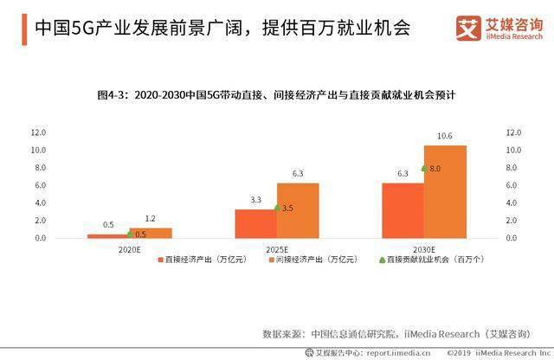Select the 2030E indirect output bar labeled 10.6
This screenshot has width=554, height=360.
pyautogui.click(x=445, y=191)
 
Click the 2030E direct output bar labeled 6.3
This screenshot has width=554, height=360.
pyautogui.click(x=403, y=210)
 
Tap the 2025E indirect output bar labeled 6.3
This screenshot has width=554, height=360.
pyautogui.click(x=298, y=210)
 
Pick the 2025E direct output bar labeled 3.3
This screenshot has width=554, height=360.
pyautogui.click(x=256, y=223)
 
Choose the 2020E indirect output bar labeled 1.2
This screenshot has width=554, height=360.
pyautogui.click(x=151, y=233)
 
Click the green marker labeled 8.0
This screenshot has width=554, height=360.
pyautogui.click(x=424, y=168)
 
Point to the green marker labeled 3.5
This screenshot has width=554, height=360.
pyautogui.click(x=277, y=208)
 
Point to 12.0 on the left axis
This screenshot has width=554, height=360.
pyautogui.click(x=39, y=133)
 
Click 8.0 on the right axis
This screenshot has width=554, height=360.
pyautogui.click(x=513, y=168)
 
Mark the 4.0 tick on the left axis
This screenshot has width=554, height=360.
pyautogui.click(x=39, y=203)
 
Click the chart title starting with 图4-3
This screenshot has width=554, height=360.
pyautogui.click(x=276, y=93)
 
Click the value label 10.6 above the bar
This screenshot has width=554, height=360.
pyautogui.click(x=445, y=136)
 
